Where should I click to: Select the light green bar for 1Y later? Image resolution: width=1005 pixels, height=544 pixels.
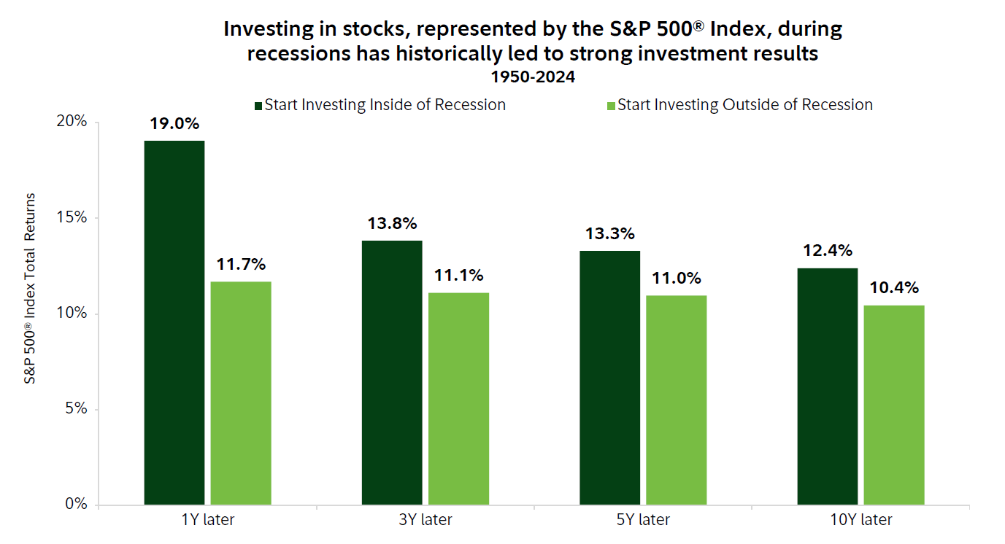241,393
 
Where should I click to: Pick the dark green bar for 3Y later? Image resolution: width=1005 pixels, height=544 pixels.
392,373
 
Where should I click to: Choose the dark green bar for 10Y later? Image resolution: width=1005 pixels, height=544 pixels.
827,386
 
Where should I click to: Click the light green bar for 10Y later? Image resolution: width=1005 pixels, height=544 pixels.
894,405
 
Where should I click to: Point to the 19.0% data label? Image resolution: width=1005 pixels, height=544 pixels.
174,124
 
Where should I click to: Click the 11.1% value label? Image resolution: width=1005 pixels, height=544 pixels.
458,276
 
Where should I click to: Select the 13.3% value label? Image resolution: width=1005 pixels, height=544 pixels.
609,234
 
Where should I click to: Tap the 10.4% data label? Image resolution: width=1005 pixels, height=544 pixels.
893,288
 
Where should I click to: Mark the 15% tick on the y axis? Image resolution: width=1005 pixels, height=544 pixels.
73,218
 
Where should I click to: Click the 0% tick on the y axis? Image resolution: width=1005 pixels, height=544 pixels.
77,505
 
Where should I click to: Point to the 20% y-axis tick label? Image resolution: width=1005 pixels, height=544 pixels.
72,122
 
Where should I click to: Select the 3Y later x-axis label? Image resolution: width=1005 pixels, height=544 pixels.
425,520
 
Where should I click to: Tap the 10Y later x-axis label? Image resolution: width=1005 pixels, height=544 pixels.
860,520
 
